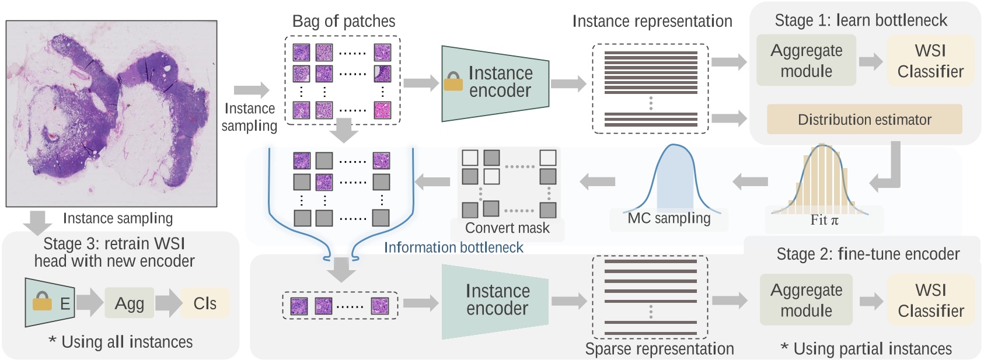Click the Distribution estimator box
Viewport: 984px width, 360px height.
864,120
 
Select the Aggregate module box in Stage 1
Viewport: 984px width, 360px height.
806,61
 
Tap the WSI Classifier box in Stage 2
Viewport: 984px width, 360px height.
930,300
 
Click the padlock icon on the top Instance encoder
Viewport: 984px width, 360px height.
453,82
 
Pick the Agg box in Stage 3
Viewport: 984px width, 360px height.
129,303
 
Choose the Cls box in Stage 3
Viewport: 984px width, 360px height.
204,303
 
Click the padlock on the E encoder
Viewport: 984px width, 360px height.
42,301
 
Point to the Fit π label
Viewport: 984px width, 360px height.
824,220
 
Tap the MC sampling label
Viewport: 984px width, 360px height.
669,218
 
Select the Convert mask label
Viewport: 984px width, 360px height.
507,228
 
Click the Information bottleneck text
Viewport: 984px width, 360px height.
453,247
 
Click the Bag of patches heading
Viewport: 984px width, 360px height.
343,22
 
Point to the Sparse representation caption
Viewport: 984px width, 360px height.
659,349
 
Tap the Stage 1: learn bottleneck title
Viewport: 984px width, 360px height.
860,20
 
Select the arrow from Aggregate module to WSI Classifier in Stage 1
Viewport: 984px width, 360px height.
871,61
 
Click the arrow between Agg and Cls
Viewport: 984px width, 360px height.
168,303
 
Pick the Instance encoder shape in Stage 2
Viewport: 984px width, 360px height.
495,300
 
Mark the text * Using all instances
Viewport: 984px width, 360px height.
120,342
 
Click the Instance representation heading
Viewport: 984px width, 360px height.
652,22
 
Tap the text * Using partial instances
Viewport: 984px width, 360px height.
866,349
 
